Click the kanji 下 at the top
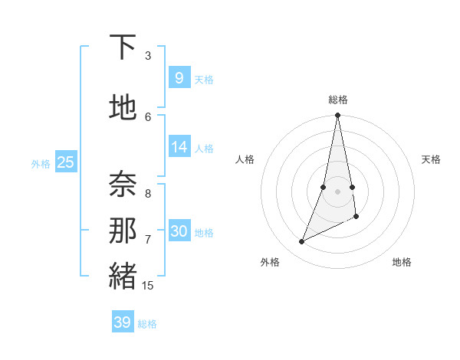pos(123,47)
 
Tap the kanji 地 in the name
pos(123,108)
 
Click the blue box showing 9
pos(179,77)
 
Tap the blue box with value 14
pos(179,147)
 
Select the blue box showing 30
pos(179,231)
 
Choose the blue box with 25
pos(65,162)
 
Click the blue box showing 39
pos(122,322)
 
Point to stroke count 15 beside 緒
pos(148,286)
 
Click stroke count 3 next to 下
pos(148,56)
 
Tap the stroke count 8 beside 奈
pos(148,194)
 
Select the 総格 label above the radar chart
pos(338,100)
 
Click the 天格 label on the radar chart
pos(431,159)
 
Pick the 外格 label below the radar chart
pos(270,262)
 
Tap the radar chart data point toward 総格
pos(337,116)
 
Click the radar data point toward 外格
pos(301,242)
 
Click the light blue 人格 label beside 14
pos(204,148)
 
